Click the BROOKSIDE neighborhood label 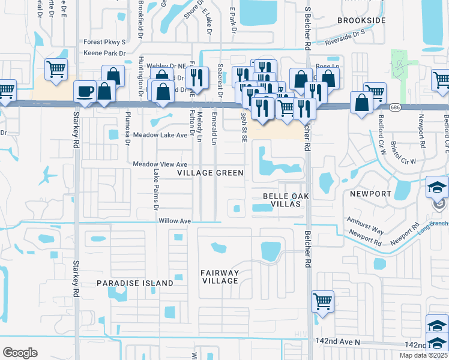[x=361, y=20]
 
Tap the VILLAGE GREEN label [x=210, y=173]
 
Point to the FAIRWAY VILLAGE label [x=220, y=277]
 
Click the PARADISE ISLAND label [x=135, y=283]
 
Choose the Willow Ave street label [x=175, y=221]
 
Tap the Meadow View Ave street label [x=160, y=164]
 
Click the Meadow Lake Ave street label [x=160, y=135]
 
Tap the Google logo [x=20, y=352]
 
